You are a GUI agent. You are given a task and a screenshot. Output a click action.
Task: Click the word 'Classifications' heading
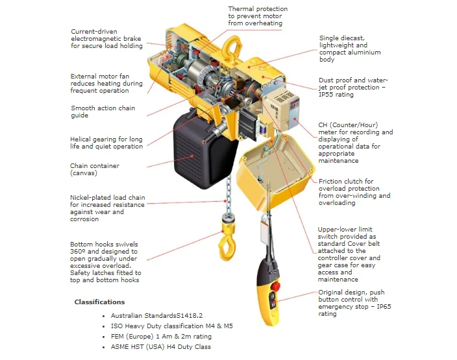[99, 302]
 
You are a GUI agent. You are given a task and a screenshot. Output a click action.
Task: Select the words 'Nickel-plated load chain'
[107, 197]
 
